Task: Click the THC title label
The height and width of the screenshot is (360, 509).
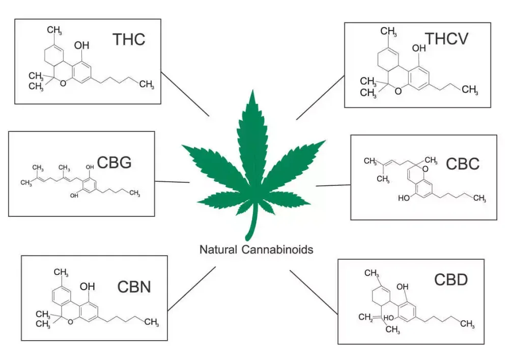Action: coord(129,39)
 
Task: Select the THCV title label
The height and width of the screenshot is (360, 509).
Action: coord(447,39)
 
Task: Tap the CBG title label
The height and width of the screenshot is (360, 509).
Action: coord(114,162)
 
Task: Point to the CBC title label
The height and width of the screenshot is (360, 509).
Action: coord(463,163)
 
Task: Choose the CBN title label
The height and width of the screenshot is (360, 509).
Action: coord(134,287)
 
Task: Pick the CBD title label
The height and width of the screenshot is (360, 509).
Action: coord(451,280)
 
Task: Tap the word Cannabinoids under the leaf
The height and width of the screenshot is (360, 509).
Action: coord(277,250)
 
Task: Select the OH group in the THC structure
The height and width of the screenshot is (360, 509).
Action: coord(81,45)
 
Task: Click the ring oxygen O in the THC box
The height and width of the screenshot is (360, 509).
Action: coord(63,84)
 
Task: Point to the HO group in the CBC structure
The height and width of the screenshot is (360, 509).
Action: coord(404,198)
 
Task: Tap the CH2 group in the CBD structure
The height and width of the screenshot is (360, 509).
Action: coord(366,317)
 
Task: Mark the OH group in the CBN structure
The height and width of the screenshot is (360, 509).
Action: coord(88,286)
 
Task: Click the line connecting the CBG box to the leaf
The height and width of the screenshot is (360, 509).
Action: coord(173,182)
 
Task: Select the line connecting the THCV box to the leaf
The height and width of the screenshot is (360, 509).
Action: coord(320,98)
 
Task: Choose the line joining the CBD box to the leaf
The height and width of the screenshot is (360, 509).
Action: coord(314,292)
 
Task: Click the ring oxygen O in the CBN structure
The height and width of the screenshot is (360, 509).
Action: coord(70,321)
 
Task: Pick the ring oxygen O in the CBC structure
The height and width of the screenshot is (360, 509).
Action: coord(425,169)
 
